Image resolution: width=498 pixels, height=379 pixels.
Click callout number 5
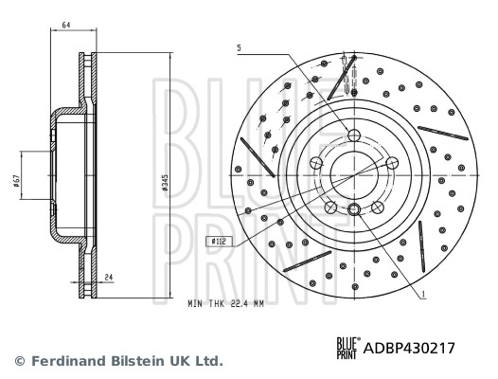(x=240, y=48)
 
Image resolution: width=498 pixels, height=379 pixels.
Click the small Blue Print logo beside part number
(x=347, y=349)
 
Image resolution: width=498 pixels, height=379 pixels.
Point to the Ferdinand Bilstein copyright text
(x=118, y=361)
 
